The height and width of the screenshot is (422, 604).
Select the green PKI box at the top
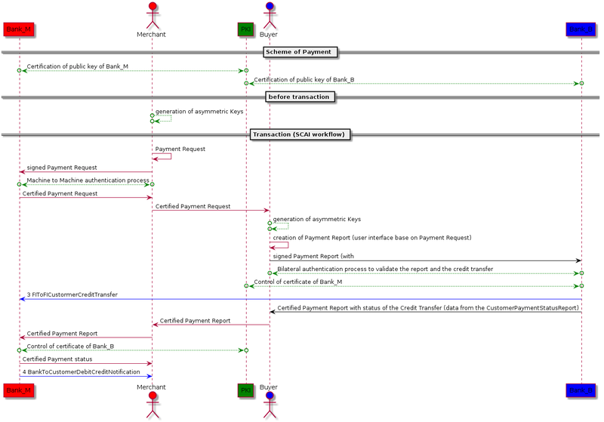[245, 29]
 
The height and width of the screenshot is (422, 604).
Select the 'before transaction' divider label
[299, 97]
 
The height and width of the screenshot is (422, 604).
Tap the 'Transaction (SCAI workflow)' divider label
[300, 135]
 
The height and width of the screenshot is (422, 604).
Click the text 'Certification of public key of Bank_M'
[78, 66]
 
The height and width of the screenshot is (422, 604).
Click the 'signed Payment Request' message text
[62, 168]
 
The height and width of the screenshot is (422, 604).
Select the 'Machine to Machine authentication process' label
[88, 180]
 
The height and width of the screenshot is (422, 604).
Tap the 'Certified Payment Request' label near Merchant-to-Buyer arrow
[193, 206]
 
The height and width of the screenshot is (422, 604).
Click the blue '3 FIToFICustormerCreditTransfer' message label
[72, 294]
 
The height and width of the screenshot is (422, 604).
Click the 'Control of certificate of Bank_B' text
[70, 347]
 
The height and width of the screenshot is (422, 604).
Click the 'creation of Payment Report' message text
[372, 238]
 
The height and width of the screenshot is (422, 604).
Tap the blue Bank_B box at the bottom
[581, 390]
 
